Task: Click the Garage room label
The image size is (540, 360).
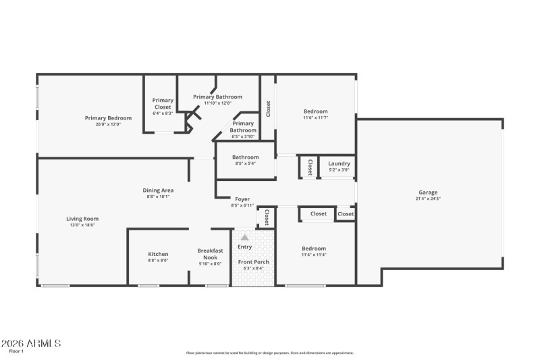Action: (x=428, y=192)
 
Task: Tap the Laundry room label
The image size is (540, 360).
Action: (x=339, y=163)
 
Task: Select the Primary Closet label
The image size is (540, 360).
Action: (x=163, y=103)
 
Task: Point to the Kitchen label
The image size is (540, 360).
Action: (x=159, y=254)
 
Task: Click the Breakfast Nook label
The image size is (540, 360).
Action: (x=210, y=253)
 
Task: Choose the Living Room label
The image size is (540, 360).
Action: (x=82, y=218)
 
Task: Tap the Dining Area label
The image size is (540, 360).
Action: (x=159, y=190)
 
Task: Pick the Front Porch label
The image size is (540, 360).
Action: (x=254, y=261)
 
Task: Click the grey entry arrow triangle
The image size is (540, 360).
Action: (x=245, y=237)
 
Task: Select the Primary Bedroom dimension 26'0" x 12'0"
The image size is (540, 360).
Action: (x=108, y=124)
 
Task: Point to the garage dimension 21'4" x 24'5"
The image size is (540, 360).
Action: (x=428, y=199)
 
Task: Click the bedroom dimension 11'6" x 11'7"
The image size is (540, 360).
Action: (x=315, y=118)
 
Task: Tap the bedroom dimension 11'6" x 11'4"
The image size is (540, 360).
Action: (x=314, y=255)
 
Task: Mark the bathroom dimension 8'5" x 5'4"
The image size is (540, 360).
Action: (x=245, y=163)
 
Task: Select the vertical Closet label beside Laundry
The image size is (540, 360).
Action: (x=310, y=167)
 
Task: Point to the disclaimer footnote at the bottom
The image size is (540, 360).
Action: (x=269, y=353)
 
